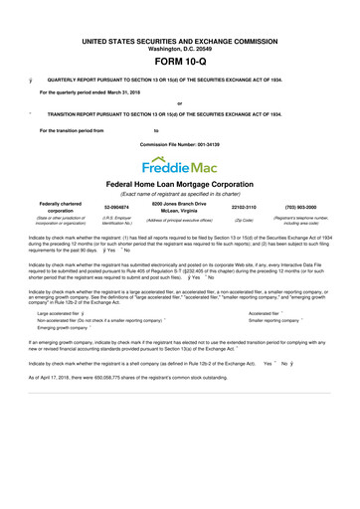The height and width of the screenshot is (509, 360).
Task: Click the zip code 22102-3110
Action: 244,208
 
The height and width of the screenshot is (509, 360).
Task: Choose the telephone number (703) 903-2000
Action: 305,208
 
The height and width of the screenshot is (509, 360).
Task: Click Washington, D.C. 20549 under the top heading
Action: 180,21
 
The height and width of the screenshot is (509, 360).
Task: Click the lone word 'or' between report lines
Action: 179,103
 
